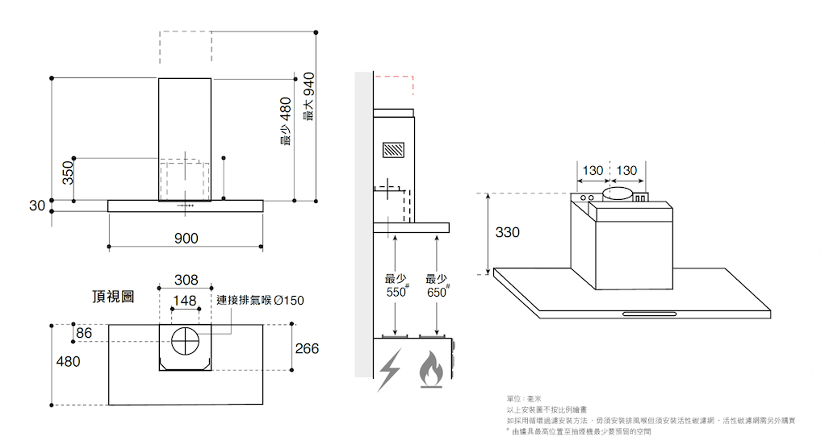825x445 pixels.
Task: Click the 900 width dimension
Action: [x=186, y=238]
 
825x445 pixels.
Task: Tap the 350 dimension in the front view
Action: [x=69, y=172]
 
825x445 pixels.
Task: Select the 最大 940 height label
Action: [x=308, y=97]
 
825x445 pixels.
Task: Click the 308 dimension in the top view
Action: [x=186, y=281]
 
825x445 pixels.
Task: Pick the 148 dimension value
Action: [x=185, y=301]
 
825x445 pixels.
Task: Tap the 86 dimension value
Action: [x=84, y=333]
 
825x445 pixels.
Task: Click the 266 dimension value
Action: [x=307, y=349]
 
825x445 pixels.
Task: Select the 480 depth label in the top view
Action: [x=68, y=362]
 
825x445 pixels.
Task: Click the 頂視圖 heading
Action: [x=113, y=297]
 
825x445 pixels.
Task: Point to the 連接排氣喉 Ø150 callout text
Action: [x=261, y=301]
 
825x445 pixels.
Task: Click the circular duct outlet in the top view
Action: [x=185, y=342]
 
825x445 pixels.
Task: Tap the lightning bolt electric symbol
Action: [x=390, y=370]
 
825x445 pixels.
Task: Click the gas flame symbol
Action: [x=431, y=370]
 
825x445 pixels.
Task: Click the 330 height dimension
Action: [x=507, y=232]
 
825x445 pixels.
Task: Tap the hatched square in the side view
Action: [x=394, y=151]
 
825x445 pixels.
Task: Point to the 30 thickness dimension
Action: [x=37, y=206]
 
